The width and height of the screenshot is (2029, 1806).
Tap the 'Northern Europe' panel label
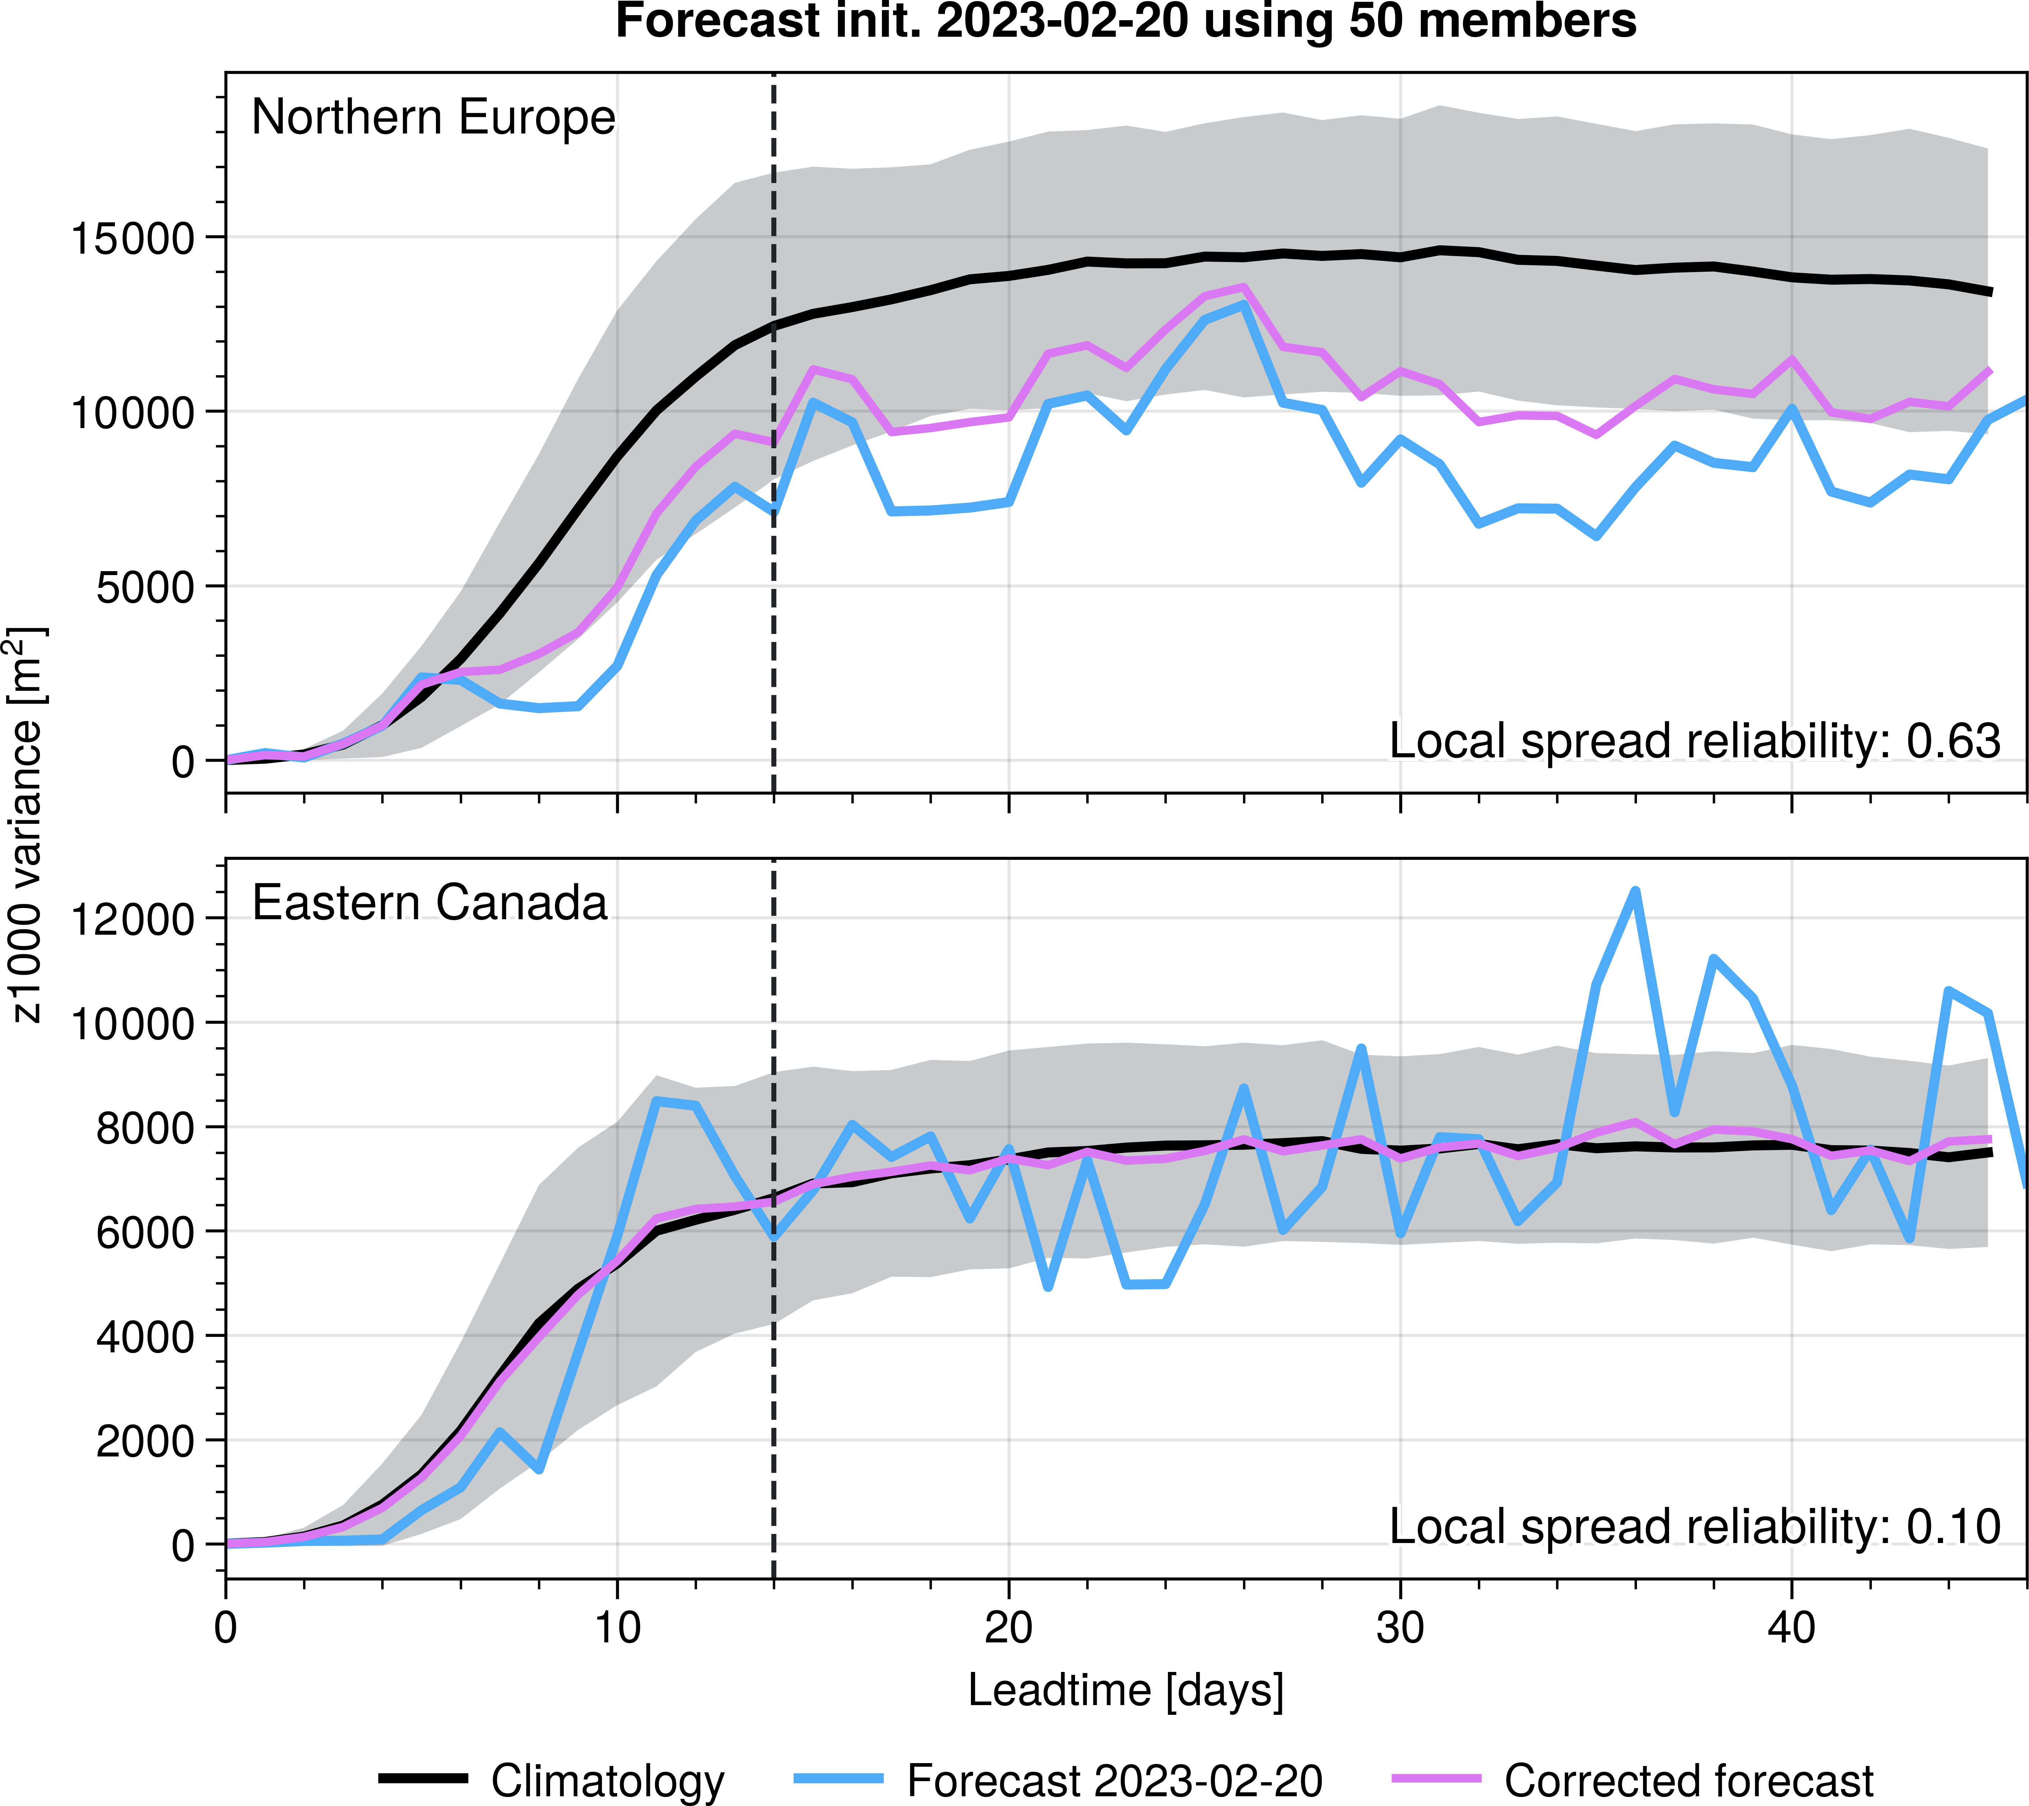(x=434, y=117)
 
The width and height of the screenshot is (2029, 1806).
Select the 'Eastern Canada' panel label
(x=430, y=903)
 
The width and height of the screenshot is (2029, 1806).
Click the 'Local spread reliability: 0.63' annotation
(x=1694, y=742)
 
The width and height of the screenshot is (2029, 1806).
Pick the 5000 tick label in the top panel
(x=146, y=588)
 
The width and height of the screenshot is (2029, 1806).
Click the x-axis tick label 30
(x=1400, y=1629)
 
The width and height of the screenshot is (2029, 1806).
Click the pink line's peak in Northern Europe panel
(x=1244, y=287)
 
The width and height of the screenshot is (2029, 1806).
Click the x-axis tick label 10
(x=617, y=1629)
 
